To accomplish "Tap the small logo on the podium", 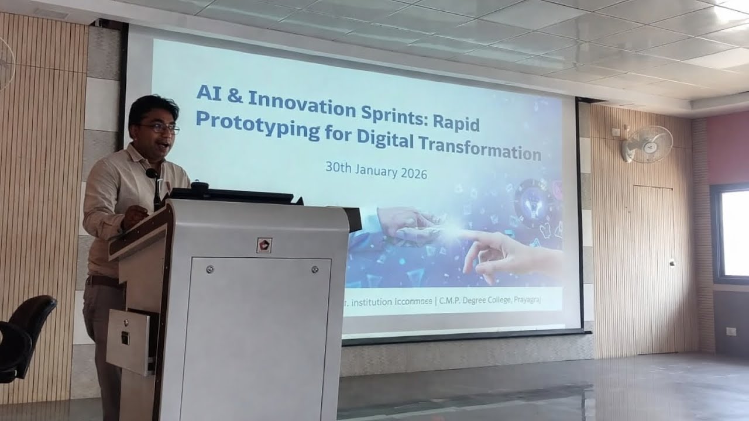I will click(x=264, y=245).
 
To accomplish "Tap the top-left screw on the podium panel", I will click(x=209, y=270).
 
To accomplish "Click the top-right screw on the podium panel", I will click(x=314, y=270).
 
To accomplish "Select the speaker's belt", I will click(x=104, y=281).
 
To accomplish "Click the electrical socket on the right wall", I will click(x=731, y=332).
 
